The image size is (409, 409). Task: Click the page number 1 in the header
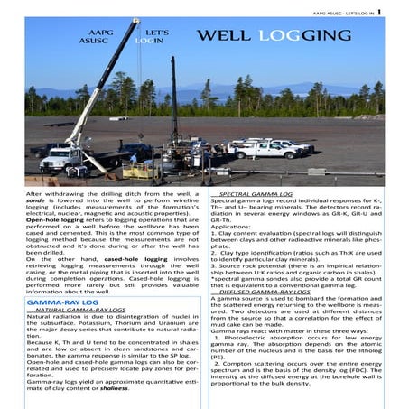pos(379,12)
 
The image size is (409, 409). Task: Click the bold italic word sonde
pos(39,202)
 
